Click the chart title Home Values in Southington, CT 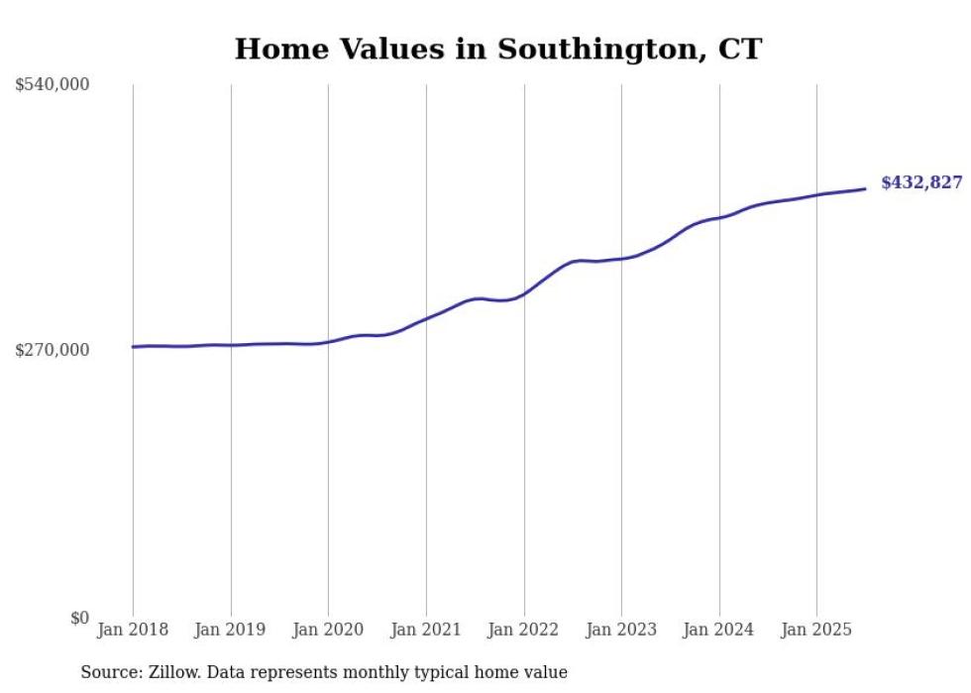click(497, 49)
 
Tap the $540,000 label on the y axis click(52, 85)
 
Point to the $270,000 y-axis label click(52, 350)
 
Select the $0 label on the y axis click(79, 618)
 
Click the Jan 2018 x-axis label click(133, 630)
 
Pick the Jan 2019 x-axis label click(231, 630)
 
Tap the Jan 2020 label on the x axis click(328, 630)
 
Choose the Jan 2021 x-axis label click(426, 630)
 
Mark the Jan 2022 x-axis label click(524, 630)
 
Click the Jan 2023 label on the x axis click(621, 630)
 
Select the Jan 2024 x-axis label click(719, 630)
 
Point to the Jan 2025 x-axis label click(816, 630)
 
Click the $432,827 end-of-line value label click(921, 182)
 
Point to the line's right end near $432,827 click(865, 188)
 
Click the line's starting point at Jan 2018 click(133, 347)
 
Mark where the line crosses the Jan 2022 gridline click(524, 293)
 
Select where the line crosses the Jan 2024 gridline click(719, 216)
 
